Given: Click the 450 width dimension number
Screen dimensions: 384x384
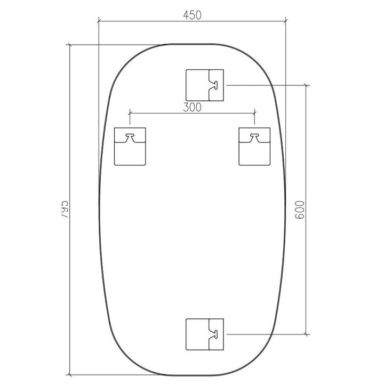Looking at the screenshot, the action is click(192, 15).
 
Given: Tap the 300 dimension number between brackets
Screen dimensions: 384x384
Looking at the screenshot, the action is click(192, 107).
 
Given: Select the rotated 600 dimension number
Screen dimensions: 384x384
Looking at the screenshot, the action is click(300, 210).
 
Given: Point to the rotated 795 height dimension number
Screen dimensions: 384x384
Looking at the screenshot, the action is click(64, 210).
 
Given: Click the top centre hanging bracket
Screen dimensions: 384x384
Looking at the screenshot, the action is click(205, 85).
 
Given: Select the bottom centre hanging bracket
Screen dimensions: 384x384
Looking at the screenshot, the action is click(205, 334).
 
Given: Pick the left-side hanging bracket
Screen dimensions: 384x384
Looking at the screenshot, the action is click(130, 147).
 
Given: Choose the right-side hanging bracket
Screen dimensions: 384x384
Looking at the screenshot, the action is click(254, 147).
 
